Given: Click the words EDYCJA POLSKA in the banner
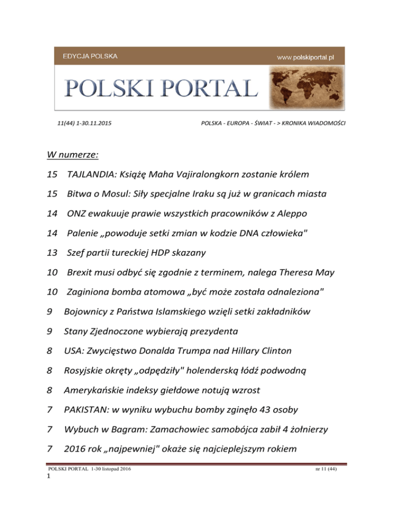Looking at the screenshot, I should (88, 55).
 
